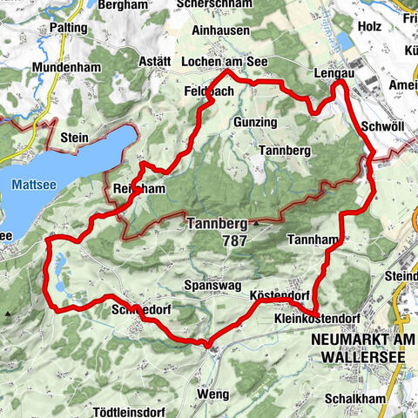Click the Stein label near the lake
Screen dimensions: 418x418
[77, 137]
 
